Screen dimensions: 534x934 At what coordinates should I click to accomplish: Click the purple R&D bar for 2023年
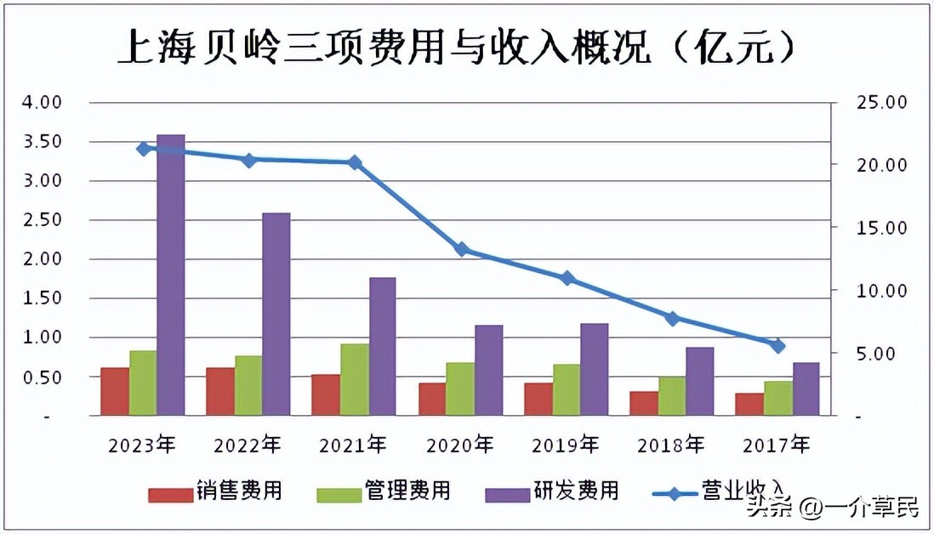tap(171, 275)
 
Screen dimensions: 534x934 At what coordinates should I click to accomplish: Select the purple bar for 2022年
tap(276, 314)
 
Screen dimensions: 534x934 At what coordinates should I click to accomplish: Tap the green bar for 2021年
tap(354, 379)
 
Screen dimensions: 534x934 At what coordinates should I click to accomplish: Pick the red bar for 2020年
tap(432, 399)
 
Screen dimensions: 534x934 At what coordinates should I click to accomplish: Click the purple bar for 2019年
tap(594, 369)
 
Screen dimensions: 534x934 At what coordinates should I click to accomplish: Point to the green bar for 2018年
tap(671, 395)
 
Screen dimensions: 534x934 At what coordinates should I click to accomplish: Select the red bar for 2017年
tap(749, 404)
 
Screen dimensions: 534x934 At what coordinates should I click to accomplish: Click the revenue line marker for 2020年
tap(462, 249)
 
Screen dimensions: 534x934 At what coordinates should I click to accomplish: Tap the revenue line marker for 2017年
tap(777, 345)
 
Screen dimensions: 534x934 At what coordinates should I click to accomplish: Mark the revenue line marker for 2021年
tap(355, 162)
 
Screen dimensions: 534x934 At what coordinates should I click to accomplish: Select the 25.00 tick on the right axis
tap(880, 102)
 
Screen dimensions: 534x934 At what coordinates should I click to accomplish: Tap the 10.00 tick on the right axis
tap(880, 291)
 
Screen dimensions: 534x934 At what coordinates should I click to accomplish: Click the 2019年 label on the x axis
tap(565, 444)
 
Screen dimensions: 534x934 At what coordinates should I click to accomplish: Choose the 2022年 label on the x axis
tap(248, 444)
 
